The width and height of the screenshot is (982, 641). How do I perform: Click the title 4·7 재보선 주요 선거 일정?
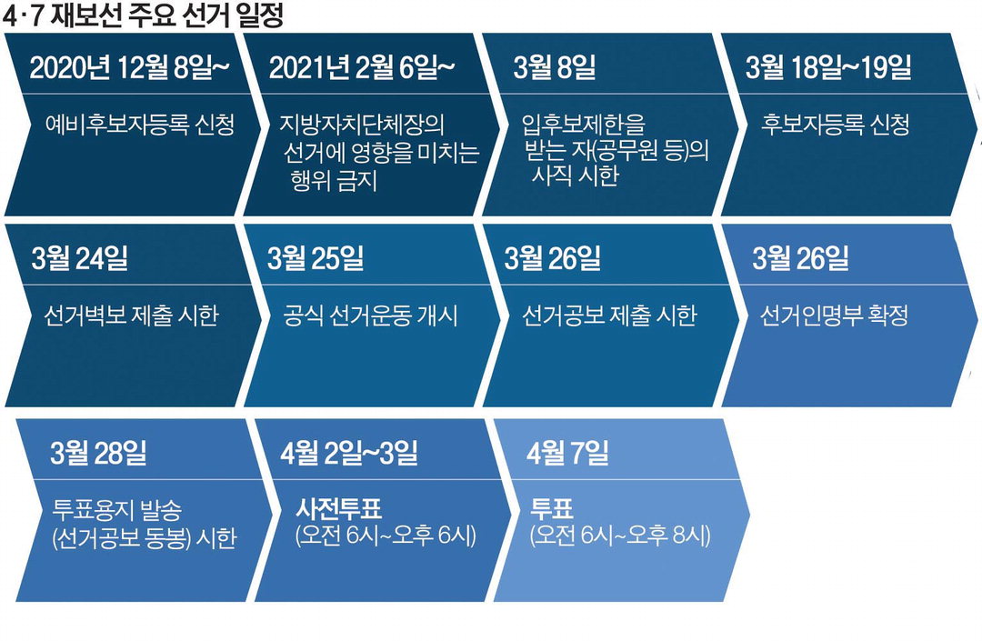coord(144,15)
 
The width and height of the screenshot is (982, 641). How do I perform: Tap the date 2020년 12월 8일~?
coord(129,67)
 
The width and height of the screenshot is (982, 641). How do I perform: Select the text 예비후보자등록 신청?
coord(140,124)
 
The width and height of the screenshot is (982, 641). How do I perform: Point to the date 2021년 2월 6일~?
coord(361,67)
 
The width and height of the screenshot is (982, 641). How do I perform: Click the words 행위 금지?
coord(334,180)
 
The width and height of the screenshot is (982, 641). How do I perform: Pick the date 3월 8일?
coord(555,67)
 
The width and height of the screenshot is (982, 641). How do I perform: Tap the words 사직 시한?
coord(575,175)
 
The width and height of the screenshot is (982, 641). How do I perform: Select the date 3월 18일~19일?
coord(828,67)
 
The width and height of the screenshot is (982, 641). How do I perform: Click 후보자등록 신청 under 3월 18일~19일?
coord(836,124)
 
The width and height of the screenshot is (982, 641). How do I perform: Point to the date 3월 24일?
coord(79,258)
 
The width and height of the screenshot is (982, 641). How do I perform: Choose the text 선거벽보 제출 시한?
coord(132,315)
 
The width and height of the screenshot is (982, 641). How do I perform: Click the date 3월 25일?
coord(316,258)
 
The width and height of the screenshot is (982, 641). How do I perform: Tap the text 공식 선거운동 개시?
coord(370,315)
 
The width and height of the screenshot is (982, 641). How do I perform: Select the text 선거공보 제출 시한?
coord(609,315)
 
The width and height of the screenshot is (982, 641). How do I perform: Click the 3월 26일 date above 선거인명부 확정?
coord(800,258)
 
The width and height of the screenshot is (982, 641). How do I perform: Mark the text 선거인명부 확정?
coord(834,315)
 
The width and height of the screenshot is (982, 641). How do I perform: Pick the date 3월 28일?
coord(98,452)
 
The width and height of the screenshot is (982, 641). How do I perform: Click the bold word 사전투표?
coord(338,508)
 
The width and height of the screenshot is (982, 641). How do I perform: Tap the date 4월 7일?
coord(567,452)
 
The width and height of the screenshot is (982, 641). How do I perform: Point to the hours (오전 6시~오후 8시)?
coord(620,536)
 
